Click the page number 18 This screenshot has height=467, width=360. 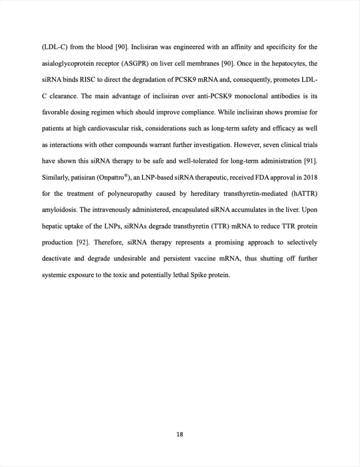(x=180, y=434)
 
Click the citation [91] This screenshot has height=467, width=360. (x=310, y=161)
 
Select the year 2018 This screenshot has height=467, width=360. (x=310, y=177)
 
